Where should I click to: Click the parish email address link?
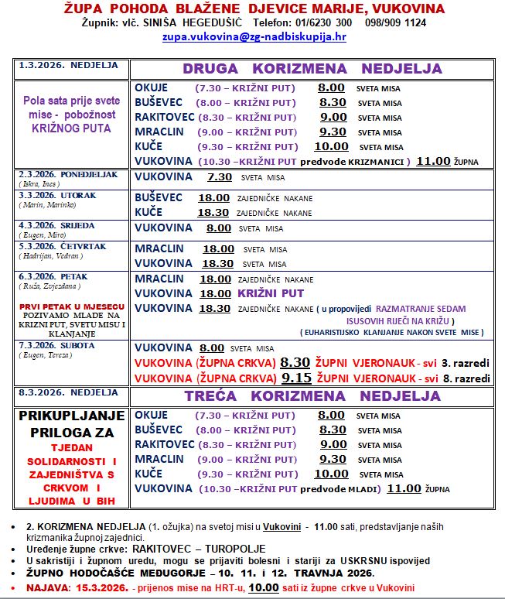tap(253, 36)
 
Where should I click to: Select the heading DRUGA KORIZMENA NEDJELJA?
tap(312, 69)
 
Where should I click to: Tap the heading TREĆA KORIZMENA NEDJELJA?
tap(312, 395)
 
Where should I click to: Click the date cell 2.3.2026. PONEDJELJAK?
tap(67, 175)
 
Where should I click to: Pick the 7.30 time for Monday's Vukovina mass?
tap(220, 176)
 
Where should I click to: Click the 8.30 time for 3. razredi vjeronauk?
tap(295, 361)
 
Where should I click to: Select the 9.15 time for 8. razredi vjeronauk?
tap(295, 378)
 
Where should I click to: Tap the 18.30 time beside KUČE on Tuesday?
tap(213, 212)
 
